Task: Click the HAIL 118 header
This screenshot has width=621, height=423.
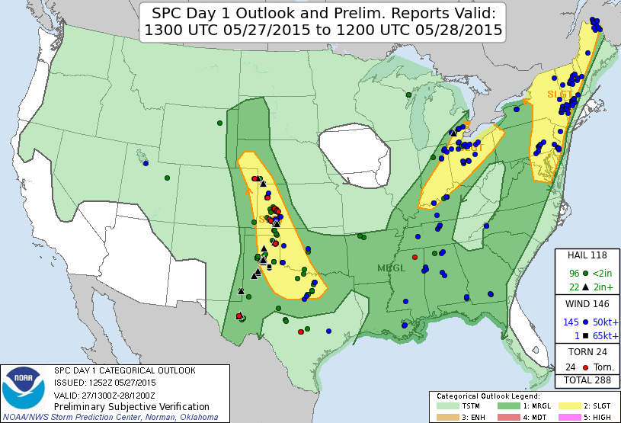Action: pos(587,255)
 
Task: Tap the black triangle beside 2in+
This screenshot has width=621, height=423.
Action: pos(585,287)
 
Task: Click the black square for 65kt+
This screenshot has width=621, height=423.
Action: pos(585,336)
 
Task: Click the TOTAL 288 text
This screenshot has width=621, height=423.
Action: pos(587,380)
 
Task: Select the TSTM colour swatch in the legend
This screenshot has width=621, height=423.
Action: pos(450,406)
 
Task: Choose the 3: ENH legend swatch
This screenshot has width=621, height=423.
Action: pos(450,417)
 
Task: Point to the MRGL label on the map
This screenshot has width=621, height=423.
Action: pos(392,268)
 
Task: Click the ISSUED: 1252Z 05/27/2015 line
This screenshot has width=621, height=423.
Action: pos(104,383)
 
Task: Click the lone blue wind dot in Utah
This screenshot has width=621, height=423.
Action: pos(145,163)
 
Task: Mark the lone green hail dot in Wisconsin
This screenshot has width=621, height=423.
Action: pos(408,95)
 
